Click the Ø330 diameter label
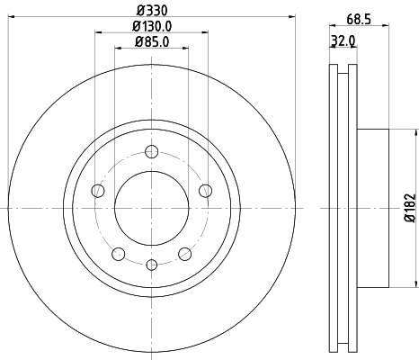[x=150, y=11]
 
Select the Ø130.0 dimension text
[x=151, y=27]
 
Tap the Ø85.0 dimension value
[x=151, y=42]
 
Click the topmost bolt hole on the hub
[x=151, y=150]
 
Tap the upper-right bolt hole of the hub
[x=205, y=189]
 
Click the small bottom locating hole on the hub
[x=151, y=264]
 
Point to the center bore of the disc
[x=151, y=207]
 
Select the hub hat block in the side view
[x=372, y=208]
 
